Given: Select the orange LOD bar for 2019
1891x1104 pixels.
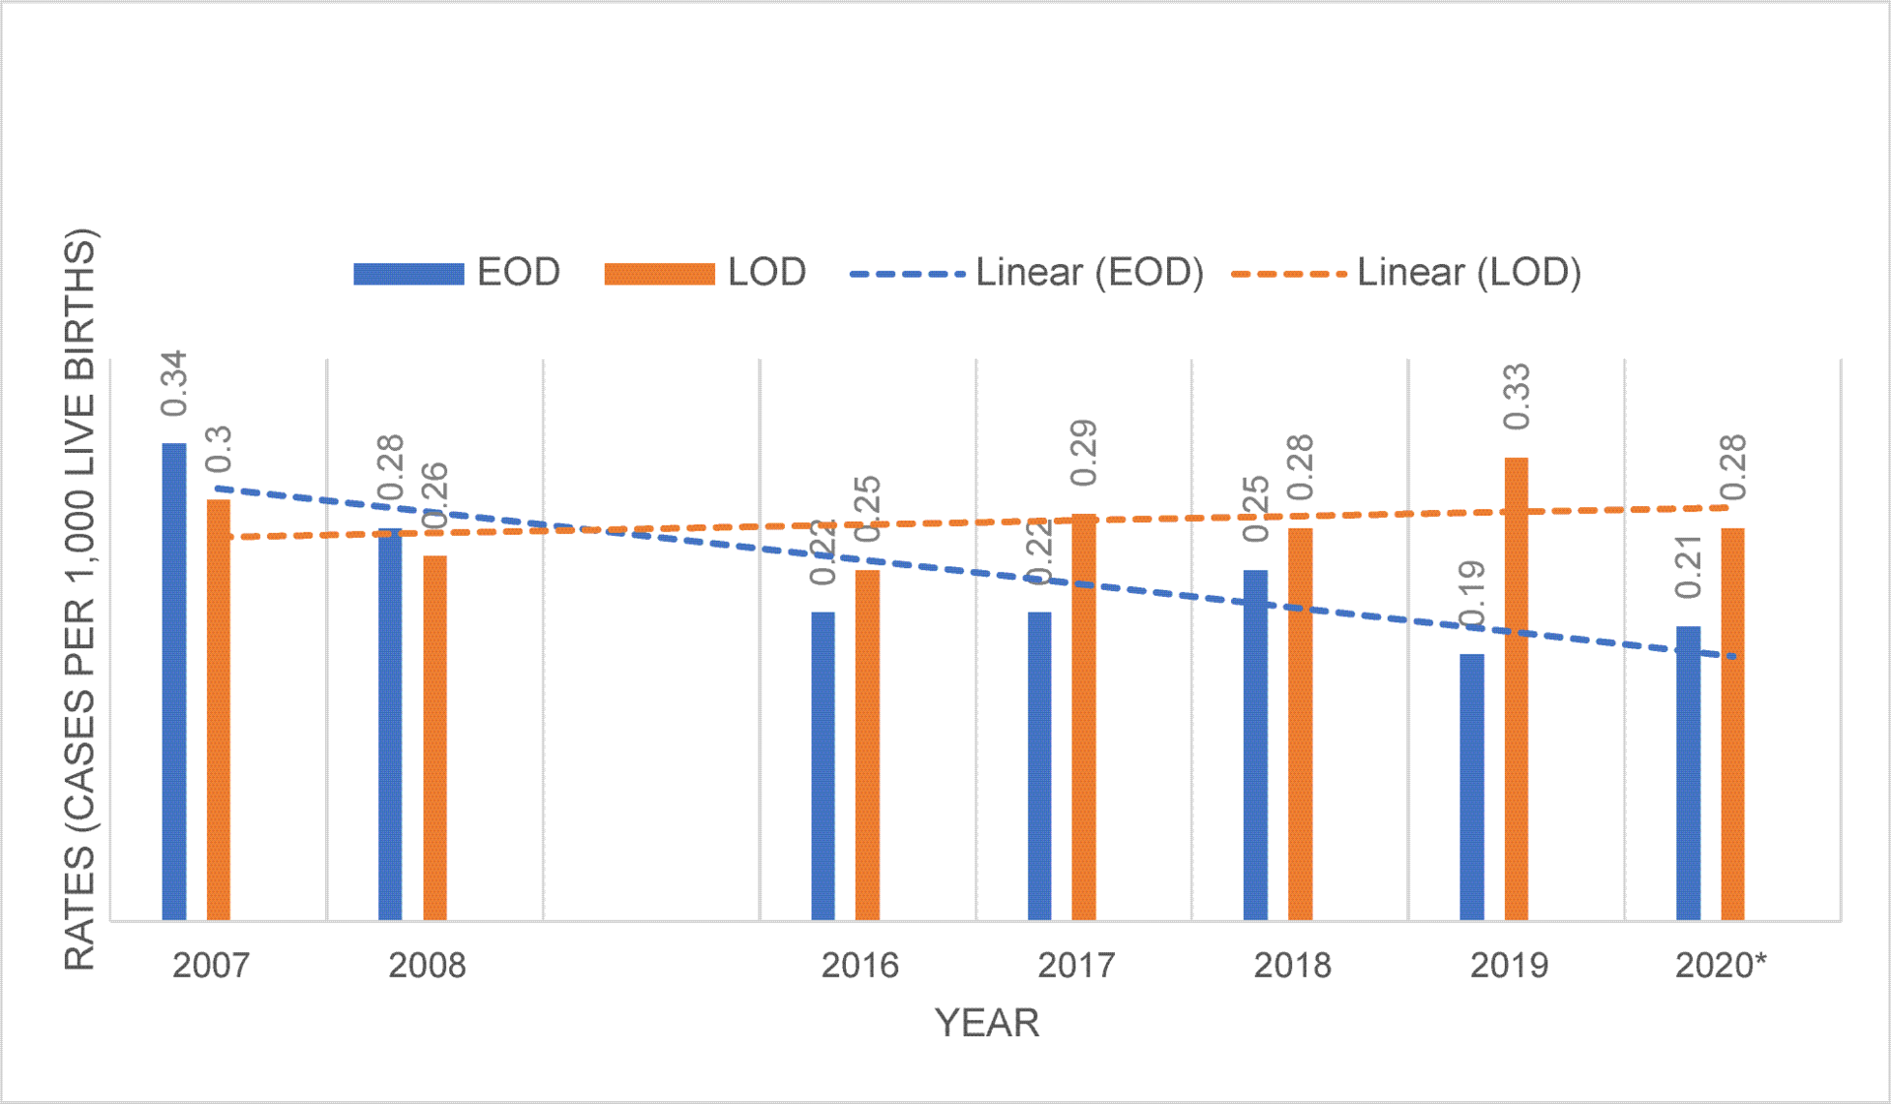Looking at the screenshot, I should point(1516,689).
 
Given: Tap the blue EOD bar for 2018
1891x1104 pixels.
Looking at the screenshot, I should point(1256,745).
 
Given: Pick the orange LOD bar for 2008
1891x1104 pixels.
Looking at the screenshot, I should point(434,738).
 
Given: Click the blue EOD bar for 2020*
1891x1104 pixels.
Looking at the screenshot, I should point(1688,773).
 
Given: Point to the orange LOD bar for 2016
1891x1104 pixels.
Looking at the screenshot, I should point(867,745).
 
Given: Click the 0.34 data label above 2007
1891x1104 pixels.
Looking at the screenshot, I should point(173,384).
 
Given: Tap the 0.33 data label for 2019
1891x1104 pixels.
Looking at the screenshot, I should point(1517,397).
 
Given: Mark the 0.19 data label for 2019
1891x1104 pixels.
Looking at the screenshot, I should point(1471,595).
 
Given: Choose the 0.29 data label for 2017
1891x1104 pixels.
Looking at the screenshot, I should point(1083,453).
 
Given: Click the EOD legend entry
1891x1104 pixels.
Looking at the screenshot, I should point(458,273).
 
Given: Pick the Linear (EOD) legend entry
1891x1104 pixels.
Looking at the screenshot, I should point(1026,273).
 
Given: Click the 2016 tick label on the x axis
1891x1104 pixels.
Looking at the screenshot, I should point(860,965).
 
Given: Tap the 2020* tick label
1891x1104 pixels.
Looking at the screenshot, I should point(1721,965).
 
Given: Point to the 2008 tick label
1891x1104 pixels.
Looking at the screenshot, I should point(426,965).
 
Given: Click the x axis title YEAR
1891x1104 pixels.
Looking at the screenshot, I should point(987,1023).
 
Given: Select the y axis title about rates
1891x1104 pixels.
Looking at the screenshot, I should point(81,600).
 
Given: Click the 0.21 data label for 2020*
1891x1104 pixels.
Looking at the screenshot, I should point(1688,567).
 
